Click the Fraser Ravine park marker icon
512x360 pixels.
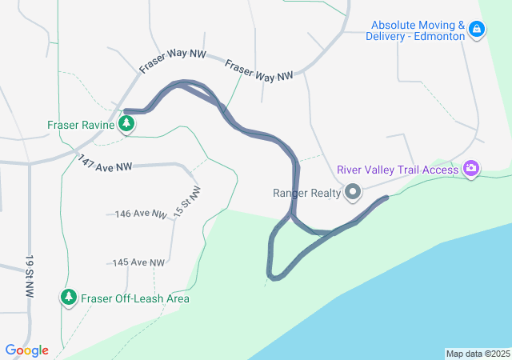[x=126, y=124]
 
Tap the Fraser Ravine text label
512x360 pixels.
[x=82, y=125]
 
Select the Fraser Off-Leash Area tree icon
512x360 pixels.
[x=69, y=298]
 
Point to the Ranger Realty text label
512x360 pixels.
[x=307, y=192]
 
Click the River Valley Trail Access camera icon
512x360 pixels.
[x=472, y=168]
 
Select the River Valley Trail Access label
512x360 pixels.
[x=398, y=169]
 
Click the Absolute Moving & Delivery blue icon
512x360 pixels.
[x=477, y=30]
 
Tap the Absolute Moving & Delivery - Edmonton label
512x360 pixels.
[x=416, y=30]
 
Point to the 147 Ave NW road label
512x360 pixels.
[x=105, y=163]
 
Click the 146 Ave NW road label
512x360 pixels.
[x=141, y=214]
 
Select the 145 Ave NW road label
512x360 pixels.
[x=138, y=262]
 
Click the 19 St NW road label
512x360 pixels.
[x=30, y=277]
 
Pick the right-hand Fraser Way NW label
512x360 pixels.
[x=258, y=71]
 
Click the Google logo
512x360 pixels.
[x=27, y=350]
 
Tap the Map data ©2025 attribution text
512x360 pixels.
[x=478, y=354]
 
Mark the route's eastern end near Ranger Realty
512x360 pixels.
[x=387, y=197]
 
